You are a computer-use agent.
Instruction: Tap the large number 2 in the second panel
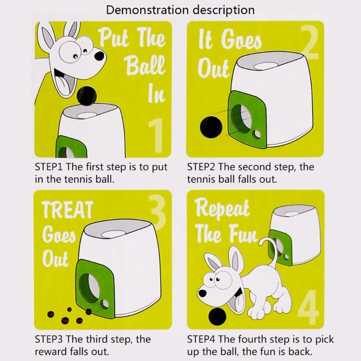click(x=310, y=42)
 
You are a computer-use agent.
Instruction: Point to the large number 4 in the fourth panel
click(x=309, y=306)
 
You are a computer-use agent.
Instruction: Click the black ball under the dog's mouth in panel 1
click(x=87, y=96)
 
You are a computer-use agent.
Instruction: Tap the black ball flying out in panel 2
click(x=211, y=127)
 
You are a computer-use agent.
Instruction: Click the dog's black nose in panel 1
click(x=99, y=56)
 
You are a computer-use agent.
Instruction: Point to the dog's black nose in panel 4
click(x=203, y=293)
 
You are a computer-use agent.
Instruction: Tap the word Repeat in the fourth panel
click(x=222, y=208)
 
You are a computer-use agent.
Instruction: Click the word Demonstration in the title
click(x=148, y=10)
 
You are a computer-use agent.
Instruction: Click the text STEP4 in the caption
click(x=201, y=339)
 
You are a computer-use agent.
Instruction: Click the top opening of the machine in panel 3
click(x=113, y=234)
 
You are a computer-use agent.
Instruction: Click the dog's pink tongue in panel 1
click(x=64, y=85)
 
